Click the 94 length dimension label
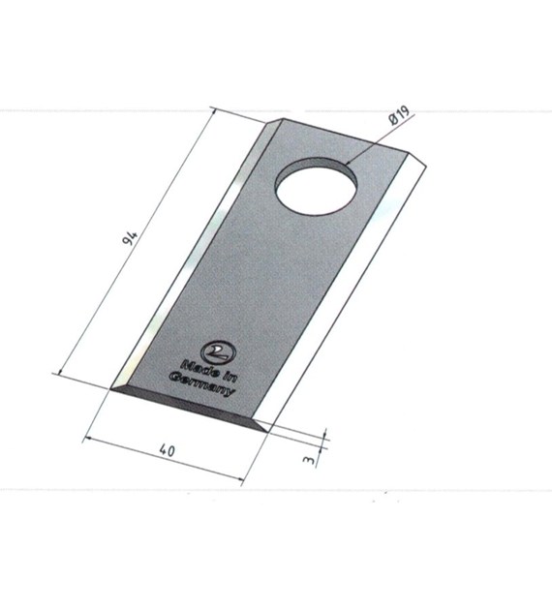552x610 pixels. [130, 237]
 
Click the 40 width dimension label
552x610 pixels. [168, 450]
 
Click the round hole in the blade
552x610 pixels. [316, 186]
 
